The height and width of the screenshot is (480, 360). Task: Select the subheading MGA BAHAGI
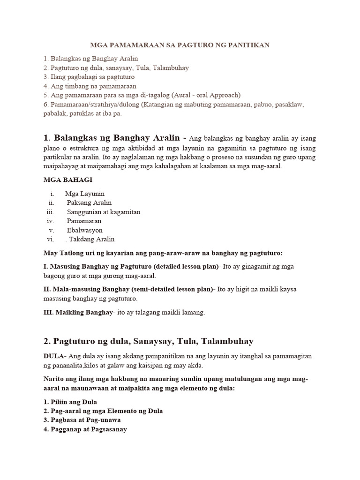(64, 180)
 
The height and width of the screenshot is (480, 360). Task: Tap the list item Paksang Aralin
(89, 202)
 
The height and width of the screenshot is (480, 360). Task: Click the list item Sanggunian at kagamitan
(104, 212)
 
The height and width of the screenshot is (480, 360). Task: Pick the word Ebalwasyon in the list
(84, 230)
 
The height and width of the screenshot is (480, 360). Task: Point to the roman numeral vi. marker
(51, 240)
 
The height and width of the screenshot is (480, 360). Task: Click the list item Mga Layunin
(85, 194)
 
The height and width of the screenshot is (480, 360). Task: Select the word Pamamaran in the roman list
(84, 221)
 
